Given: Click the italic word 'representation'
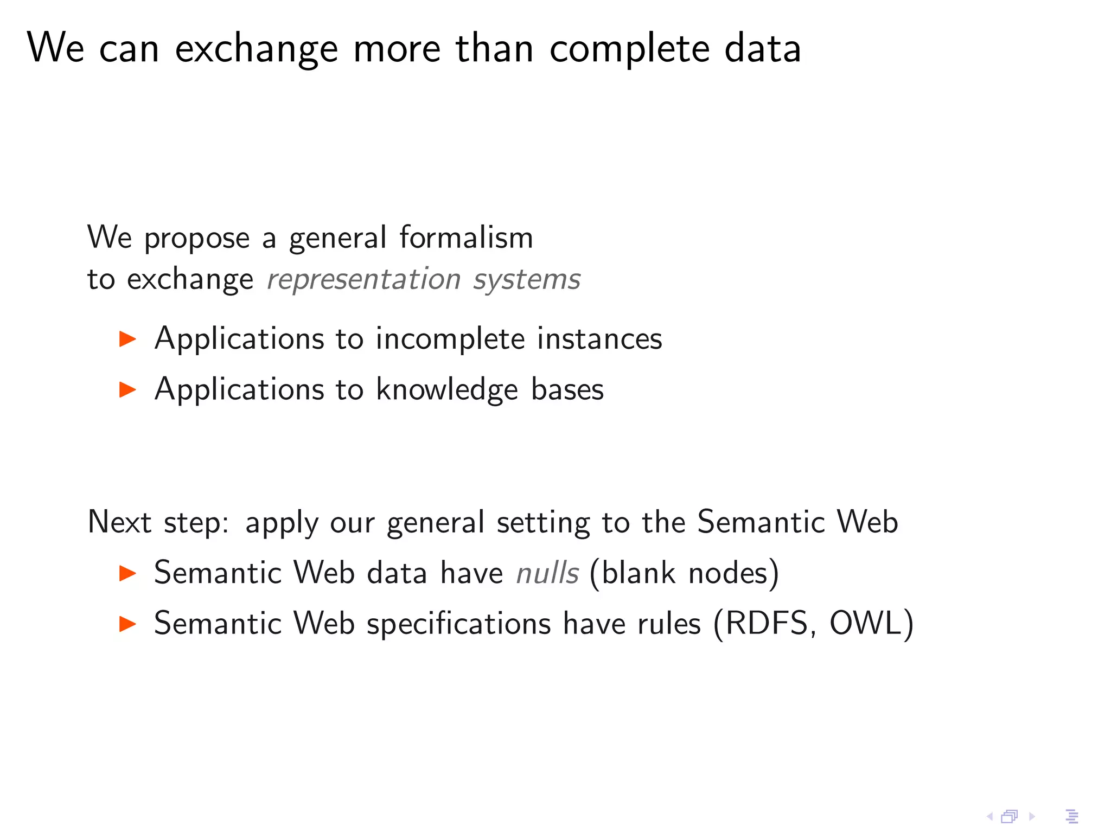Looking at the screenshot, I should coord(363,280).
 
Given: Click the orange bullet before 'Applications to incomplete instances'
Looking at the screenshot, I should coord(127,339).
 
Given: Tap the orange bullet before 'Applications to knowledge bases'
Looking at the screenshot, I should coord(127,389).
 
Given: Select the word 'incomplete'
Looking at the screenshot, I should coord(450,339).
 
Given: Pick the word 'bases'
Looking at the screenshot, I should coord(567,389).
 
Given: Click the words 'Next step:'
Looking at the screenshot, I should coord(158,523).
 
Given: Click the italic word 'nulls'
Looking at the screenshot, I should coord(547,573).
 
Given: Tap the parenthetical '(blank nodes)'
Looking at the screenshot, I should coord(684,573).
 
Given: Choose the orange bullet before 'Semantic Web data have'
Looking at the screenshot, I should coord(127,573).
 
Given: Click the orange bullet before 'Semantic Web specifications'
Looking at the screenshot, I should coord(127,624).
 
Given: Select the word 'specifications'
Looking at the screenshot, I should coord(459,624).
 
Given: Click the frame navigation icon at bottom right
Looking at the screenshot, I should coord(1009,816).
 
